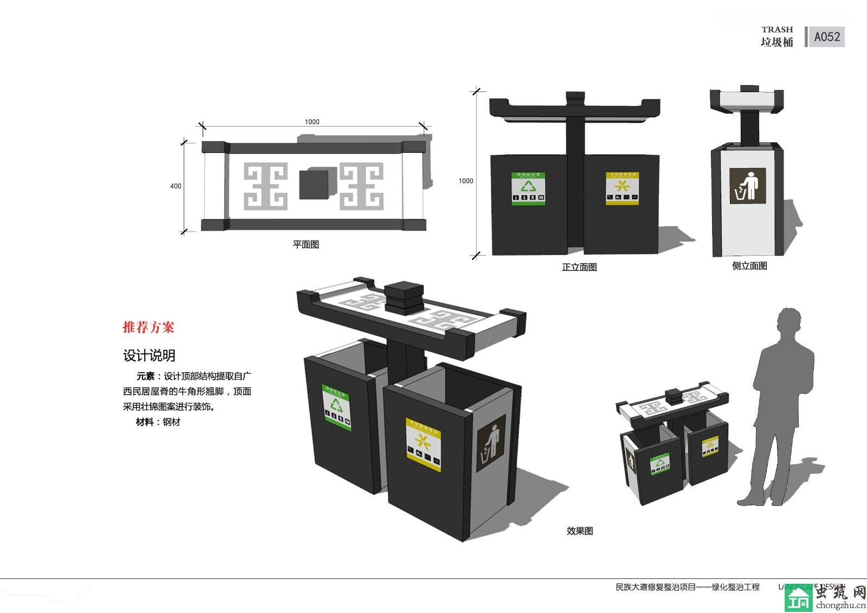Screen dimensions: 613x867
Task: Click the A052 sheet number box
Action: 826,37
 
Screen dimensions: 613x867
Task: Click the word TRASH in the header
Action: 777,30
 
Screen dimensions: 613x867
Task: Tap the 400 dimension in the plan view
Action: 176,186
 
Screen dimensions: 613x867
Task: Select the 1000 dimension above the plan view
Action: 312,122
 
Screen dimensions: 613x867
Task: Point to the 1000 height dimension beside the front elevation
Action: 465,181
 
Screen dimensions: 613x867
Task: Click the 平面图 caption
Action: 306,244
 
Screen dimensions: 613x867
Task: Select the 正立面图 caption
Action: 579,267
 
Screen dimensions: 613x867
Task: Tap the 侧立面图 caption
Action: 749,266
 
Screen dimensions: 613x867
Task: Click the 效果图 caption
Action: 580,531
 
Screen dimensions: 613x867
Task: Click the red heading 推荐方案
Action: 148,327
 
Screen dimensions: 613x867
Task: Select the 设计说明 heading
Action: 149,355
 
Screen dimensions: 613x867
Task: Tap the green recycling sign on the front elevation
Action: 528,189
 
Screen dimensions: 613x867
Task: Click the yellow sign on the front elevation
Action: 622,188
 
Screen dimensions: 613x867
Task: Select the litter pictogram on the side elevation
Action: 747,186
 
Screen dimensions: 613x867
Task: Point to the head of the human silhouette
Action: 788,322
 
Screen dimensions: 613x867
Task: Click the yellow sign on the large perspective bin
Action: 423,444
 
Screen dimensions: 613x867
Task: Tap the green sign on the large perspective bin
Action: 337,407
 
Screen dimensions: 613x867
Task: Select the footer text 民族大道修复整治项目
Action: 655,587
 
